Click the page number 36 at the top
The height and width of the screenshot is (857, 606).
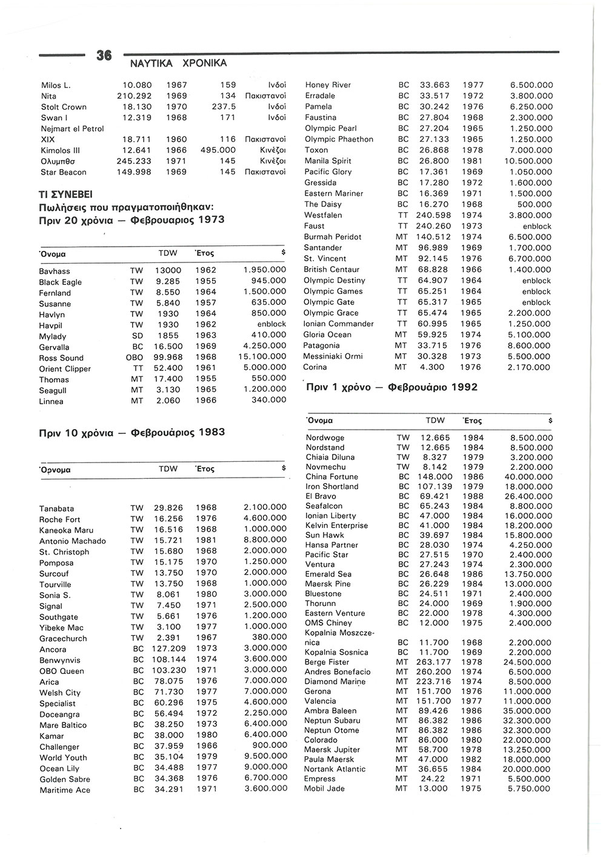[104, 56]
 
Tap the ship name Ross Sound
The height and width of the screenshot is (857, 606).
[61, 358]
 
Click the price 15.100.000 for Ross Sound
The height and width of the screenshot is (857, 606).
[262, 358]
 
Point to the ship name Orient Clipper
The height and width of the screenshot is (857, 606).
[65, 369]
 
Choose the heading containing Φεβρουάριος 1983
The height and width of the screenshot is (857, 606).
[132, 432]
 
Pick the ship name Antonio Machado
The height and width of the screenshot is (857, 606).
[73, 541]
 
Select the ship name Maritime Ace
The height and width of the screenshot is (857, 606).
[65, 790]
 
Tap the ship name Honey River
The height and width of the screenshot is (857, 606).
[328, 85]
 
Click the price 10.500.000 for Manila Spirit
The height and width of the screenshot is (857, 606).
[528, 161]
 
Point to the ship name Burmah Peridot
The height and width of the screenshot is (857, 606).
[333, 237]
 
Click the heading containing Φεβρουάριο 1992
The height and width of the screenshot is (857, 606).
[391, 387]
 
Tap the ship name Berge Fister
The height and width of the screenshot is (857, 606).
[327, 662]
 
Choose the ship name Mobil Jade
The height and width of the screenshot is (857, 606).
[325, 789]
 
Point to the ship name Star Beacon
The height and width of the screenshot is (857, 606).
[63, 172]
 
